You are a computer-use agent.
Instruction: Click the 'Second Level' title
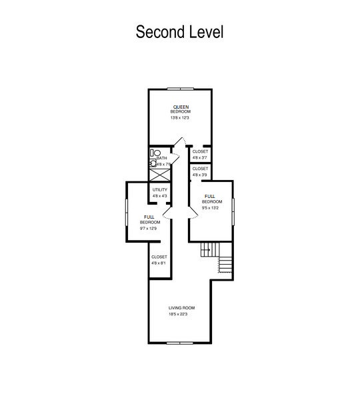[x=179, y=32]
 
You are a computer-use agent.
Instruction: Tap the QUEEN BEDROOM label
[x=181, y=109]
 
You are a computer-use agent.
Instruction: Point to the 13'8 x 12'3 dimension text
[x=179, y=118]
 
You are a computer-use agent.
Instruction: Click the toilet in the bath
[x=155, y=153]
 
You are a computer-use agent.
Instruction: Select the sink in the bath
[x=153, y=163]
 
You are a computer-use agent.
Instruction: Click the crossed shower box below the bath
[x=159, y=175]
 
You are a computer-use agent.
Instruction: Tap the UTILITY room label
[x=160, y=190]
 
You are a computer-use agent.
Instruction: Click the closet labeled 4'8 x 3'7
[x=200, y=155]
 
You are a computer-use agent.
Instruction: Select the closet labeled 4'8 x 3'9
[x=200, y=172]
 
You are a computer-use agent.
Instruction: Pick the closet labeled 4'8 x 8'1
[x=159, y=260]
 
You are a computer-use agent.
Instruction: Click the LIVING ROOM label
[x=181, y=308]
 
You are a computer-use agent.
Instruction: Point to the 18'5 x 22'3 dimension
[x=178, y=314]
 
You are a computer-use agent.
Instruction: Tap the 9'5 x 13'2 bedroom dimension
[x=210, y=207]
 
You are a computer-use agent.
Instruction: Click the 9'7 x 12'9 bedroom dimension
[x=148, y=228]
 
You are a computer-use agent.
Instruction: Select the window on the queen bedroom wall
[x=181, y=89]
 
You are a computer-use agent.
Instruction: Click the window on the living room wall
[x=180, y=343]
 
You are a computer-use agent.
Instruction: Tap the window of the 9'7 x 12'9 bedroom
[x=126, y=212]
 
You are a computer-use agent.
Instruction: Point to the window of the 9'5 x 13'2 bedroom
[x=233, y=211]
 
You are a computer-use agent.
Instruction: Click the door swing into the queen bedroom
[x=181, y=140]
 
